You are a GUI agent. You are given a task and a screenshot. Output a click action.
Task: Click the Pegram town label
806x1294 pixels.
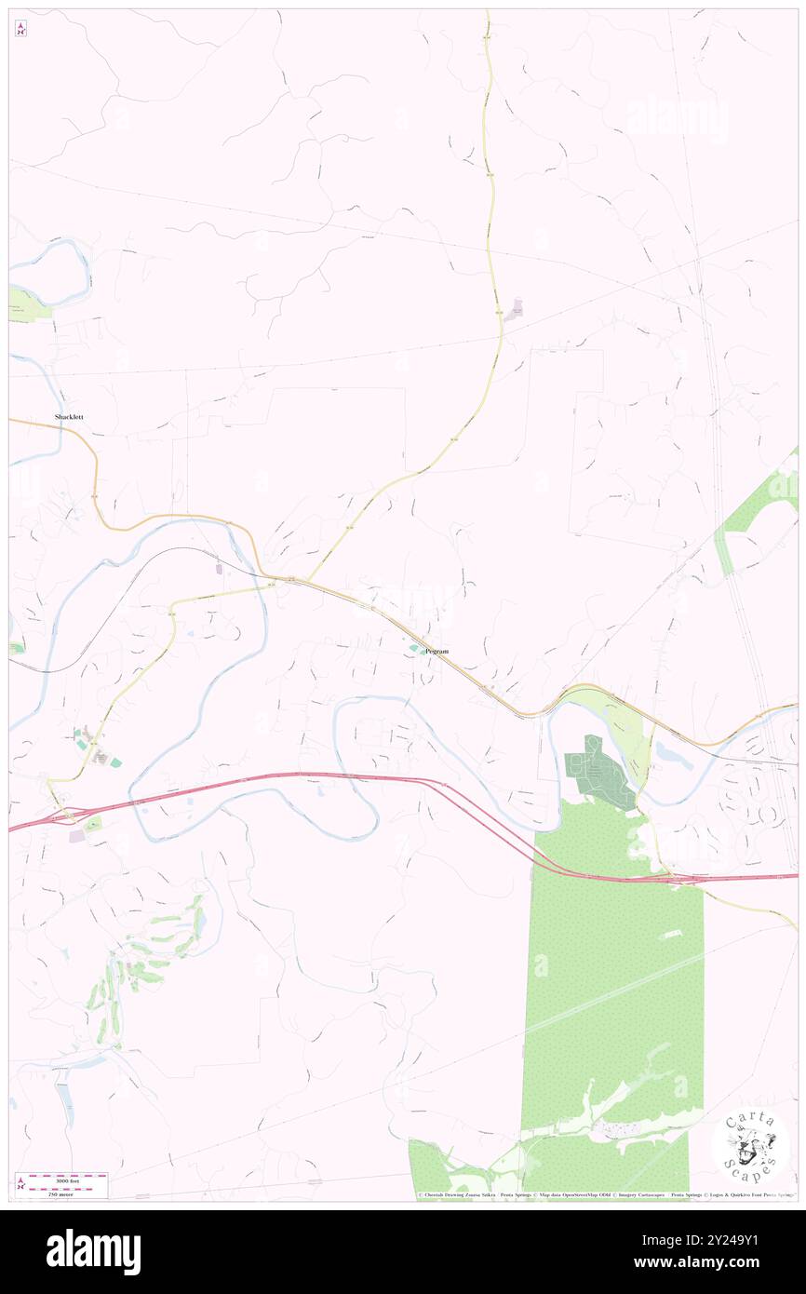tap(436, 652)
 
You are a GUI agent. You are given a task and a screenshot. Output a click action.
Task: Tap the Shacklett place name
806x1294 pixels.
tap(68, 417)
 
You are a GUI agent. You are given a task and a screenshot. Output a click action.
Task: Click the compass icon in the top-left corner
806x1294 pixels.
tap(20, 29)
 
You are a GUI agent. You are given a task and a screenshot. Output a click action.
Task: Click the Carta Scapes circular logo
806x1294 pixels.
tap(751, 1148)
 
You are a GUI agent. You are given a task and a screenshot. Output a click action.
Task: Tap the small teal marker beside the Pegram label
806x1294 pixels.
tap(413, 648)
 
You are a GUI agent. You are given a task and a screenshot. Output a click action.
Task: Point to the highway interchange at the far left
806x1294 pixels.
tap(60, 816)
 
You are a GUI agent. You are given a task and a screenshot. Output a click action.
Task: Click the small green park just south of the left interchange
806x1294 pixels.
tap(94, 824)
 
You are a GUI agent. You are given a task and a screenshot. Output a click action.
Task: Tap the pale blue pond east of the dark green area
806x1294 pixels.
tap(672, 752)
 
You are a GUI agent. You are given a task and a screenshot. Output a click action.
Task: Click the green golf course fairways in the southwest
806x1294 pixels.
tap(149, 959)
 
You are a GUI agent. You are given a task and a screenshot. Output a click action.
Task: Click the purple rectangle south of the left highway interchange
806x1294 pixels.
tap(75, 836)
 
